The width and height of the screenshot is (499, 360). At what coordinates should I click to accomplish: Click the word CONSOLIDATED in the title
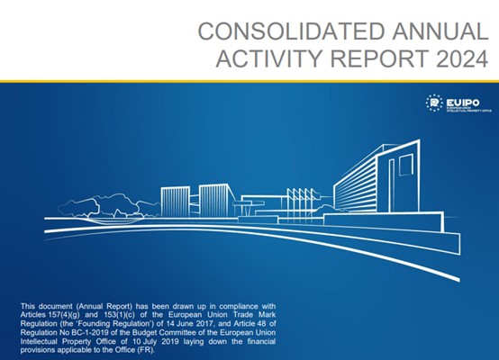pyautogui.click(x=291, y=31)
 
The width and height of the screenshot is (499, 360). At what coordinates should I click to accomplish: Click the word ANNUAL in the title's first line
pyautogui.click(x=440, y=31)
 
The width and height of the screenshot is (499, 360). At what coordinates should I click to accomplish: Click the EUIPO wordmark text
pyautogui.click(x=463, y=103)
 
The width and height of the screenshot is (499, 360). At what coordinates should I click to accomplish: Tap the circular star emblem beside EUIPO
pyautogui.click(x=434, y=103)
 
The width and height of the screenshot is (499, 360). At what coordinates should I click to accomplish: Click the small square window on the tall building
pyautogui.click(x=406, y=165)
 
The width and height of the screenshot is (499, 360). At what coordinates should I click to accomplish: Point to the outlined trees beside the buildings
pyautogui.click(x=108, y=207)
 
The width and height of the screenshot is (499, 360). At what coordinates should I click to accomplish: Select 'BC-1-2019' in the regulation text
pyautogui.click(x=73, y=333)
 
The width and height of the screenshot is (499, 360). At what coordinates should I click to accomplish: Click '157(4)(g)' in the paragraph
pyautogui.click(x=62, y=315)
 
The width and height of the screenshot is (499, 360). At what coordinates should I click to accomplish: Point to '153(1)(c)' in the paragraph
pyautogui.click(x=117, y=315)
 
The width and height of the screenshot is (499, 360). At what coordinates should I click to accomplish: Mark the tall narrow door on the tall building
pyautogui.click(x=392, y=185)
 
